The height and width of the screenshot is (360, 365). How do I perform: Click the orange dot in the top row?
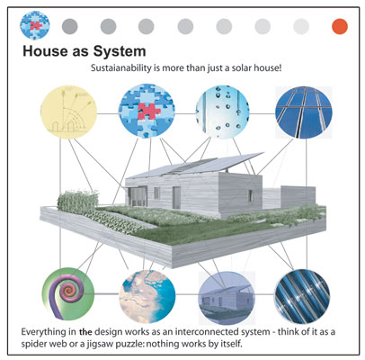point(340,26)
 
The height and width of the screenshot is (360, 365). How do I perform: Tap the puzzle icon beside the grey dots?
point(35,25)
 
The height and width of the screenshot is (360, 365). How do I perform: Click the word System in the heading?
point(120,51)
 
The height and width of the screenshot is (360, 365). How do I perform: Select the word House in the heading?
point(45,51)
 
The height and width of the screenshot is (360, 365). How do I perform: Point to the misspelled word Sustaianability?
point(121,67)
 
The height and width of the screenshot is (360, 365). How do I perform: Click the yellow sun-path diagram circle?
point(69,111)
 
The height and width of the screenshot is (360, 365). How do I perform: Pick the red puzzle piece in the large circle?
point(149,111)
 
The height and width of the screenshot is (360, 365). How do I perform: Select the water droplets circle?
point(222,112)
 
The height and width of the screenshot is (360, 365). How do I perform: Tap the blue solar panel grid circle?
point(304,112)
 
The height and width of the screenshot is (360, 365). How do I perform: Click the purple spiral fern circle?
point(68,294)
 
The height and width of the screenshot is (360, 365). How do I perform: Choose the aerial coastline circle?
point(147,296)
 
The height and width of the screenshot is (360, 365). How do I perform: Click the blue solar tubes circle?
point(302,296)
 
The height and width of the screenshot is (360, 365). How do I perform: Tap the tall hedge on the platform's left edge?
point(78,201)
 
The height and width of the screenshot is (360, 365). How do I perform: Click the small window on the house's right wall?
point(250,195)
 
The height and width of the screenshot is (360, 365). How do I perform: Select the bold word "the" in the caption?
point(85,332)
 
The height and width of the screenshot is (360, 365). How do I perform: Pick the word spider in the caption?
point(33,344)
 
